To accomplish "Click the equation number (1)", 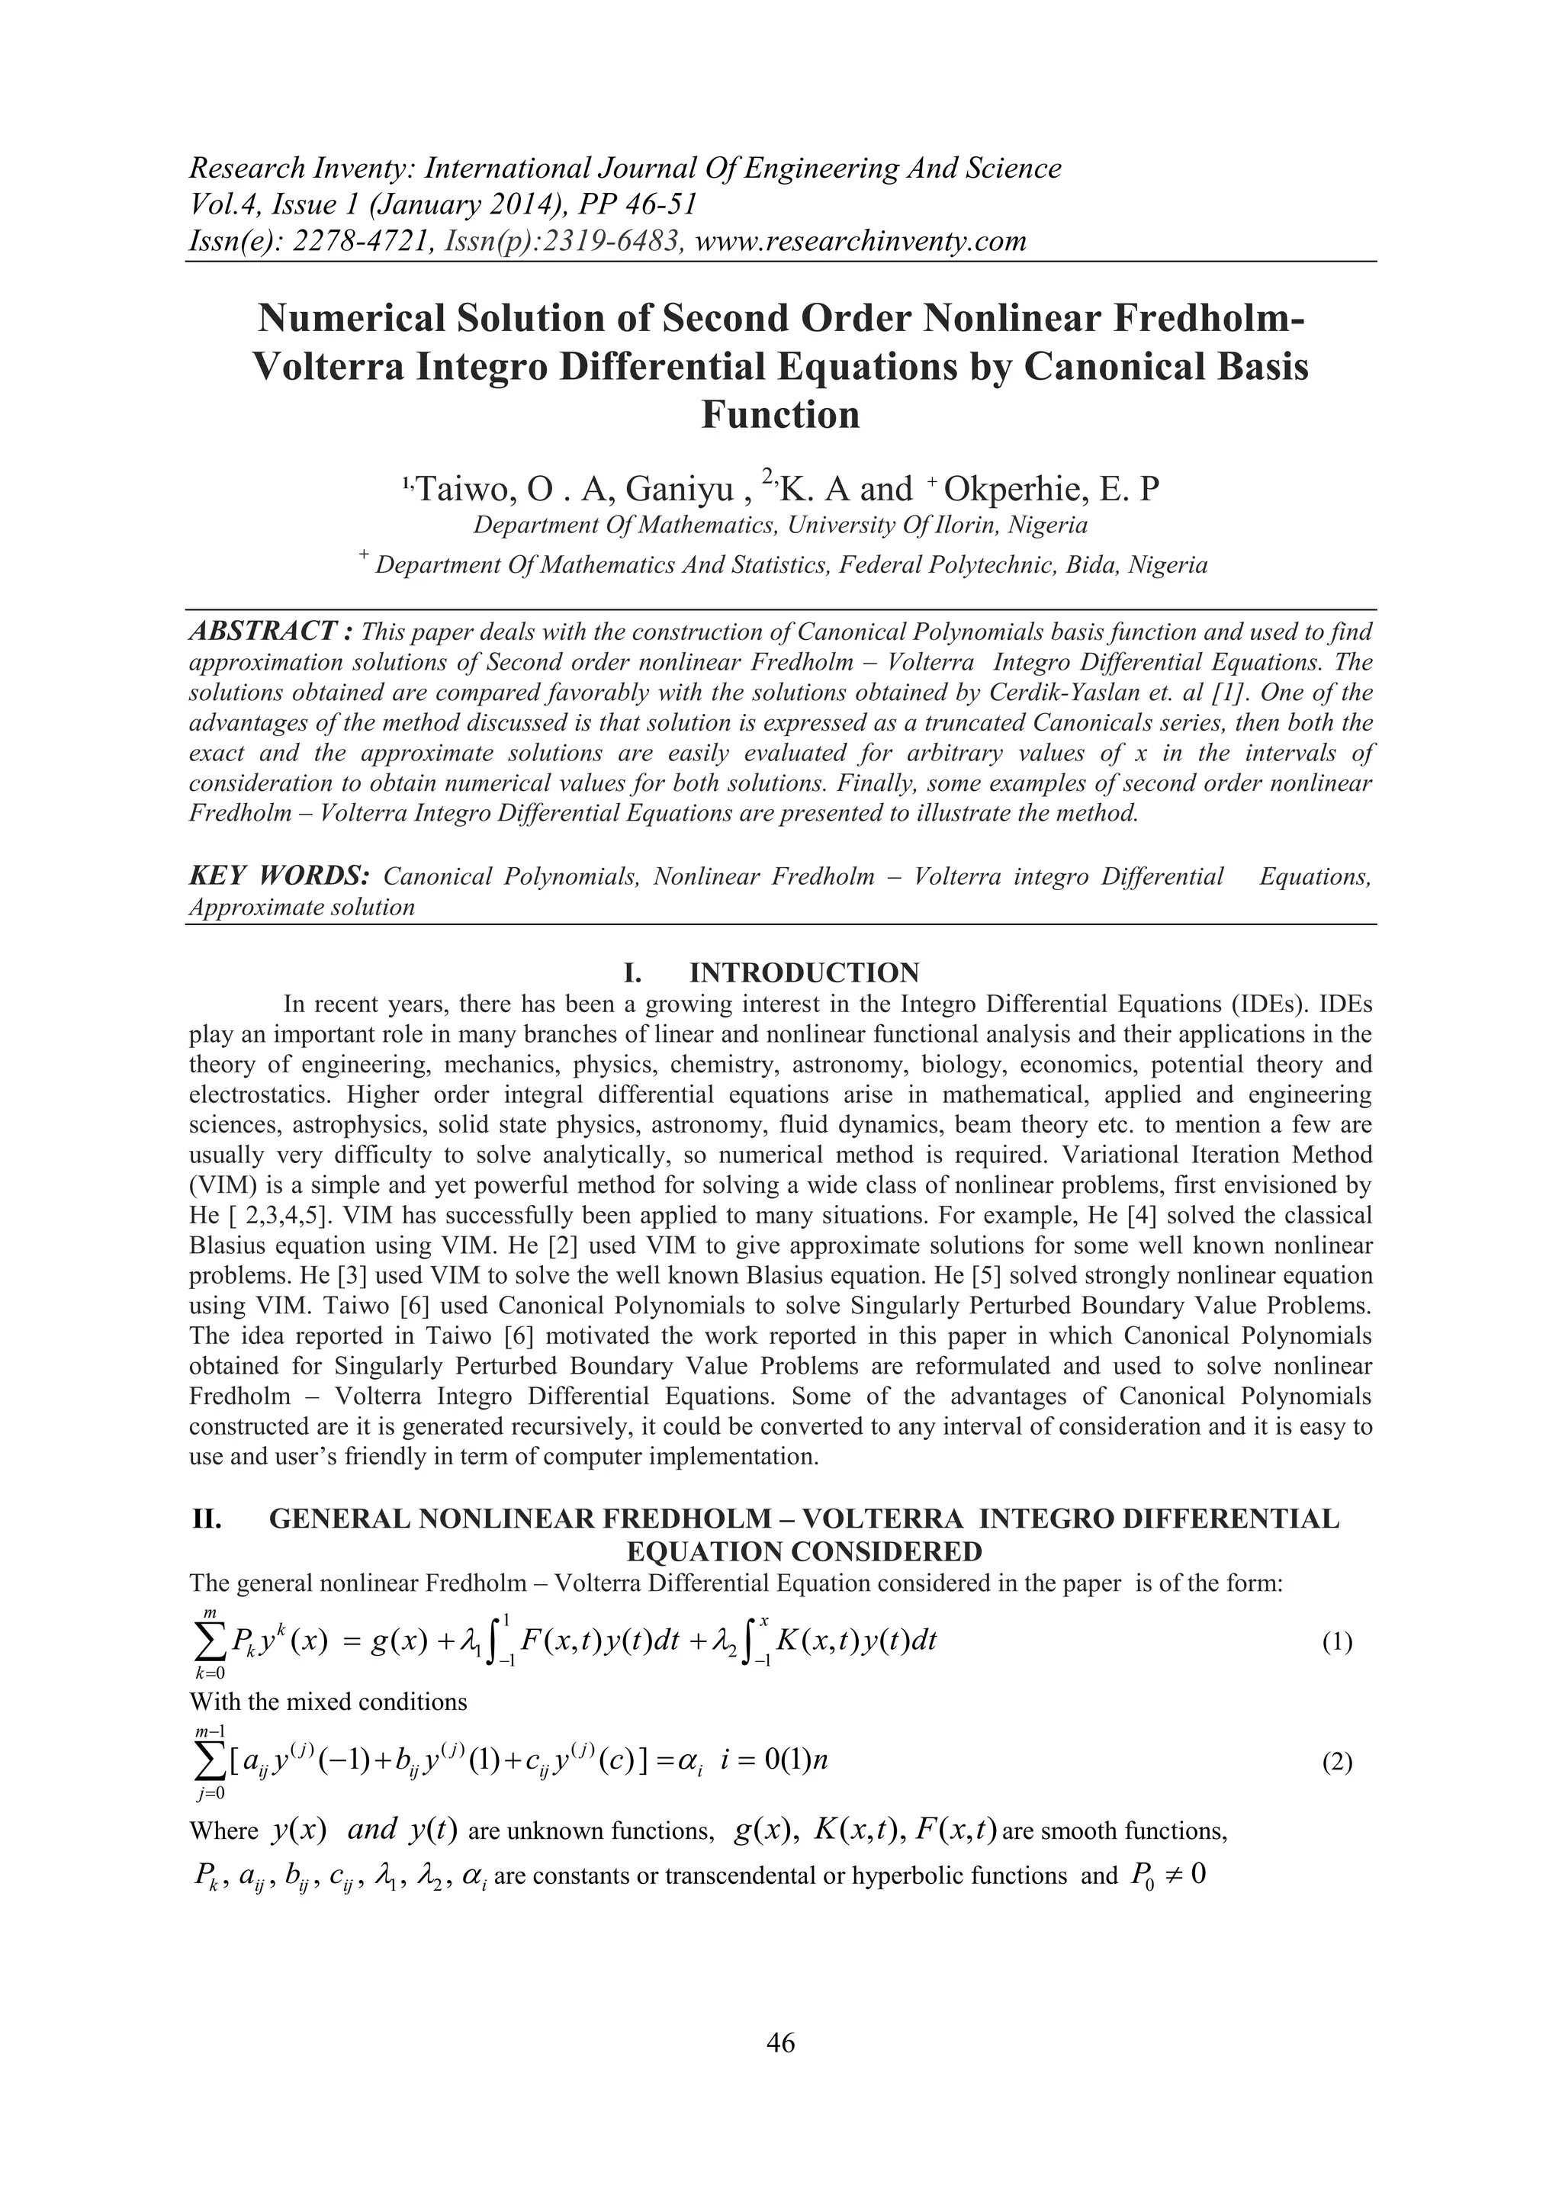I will coord(1337,1643).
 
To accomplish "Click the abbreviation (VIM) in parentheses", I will coord(222,1184).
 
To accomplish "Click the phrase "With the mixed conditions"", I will coord(328,1702).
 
